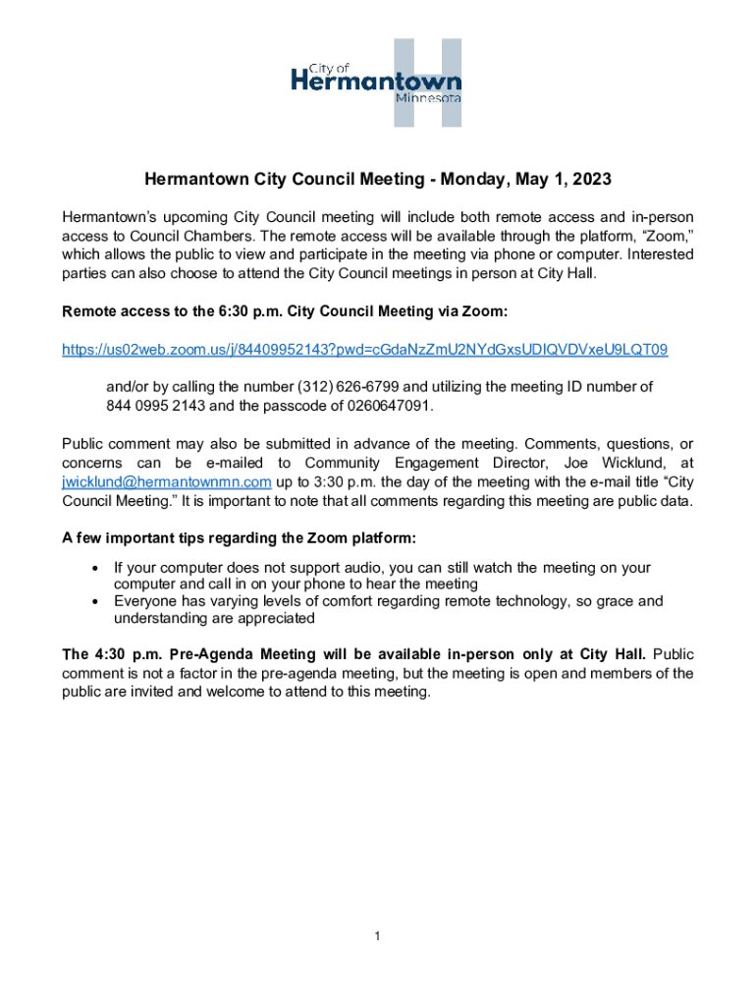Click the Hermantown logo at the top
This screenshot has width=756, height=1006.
(x=377, y=83)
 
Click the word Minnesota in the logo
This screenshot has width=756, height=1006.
(x=428, y=98)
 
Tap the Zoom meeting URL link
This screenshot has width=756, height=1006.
(x=365, y=350)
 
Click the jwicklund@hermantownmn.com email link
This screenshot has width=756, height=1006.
(x=166, y=482)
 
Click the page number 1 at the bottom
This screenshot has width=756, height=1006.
(x=377, y=936)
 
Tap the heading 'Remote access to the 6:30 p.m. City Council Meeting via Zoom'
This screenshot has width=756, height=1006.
(x=285, y=311)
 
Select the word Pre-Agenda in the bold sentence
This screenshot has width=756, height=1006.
(x=211, y=654)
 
